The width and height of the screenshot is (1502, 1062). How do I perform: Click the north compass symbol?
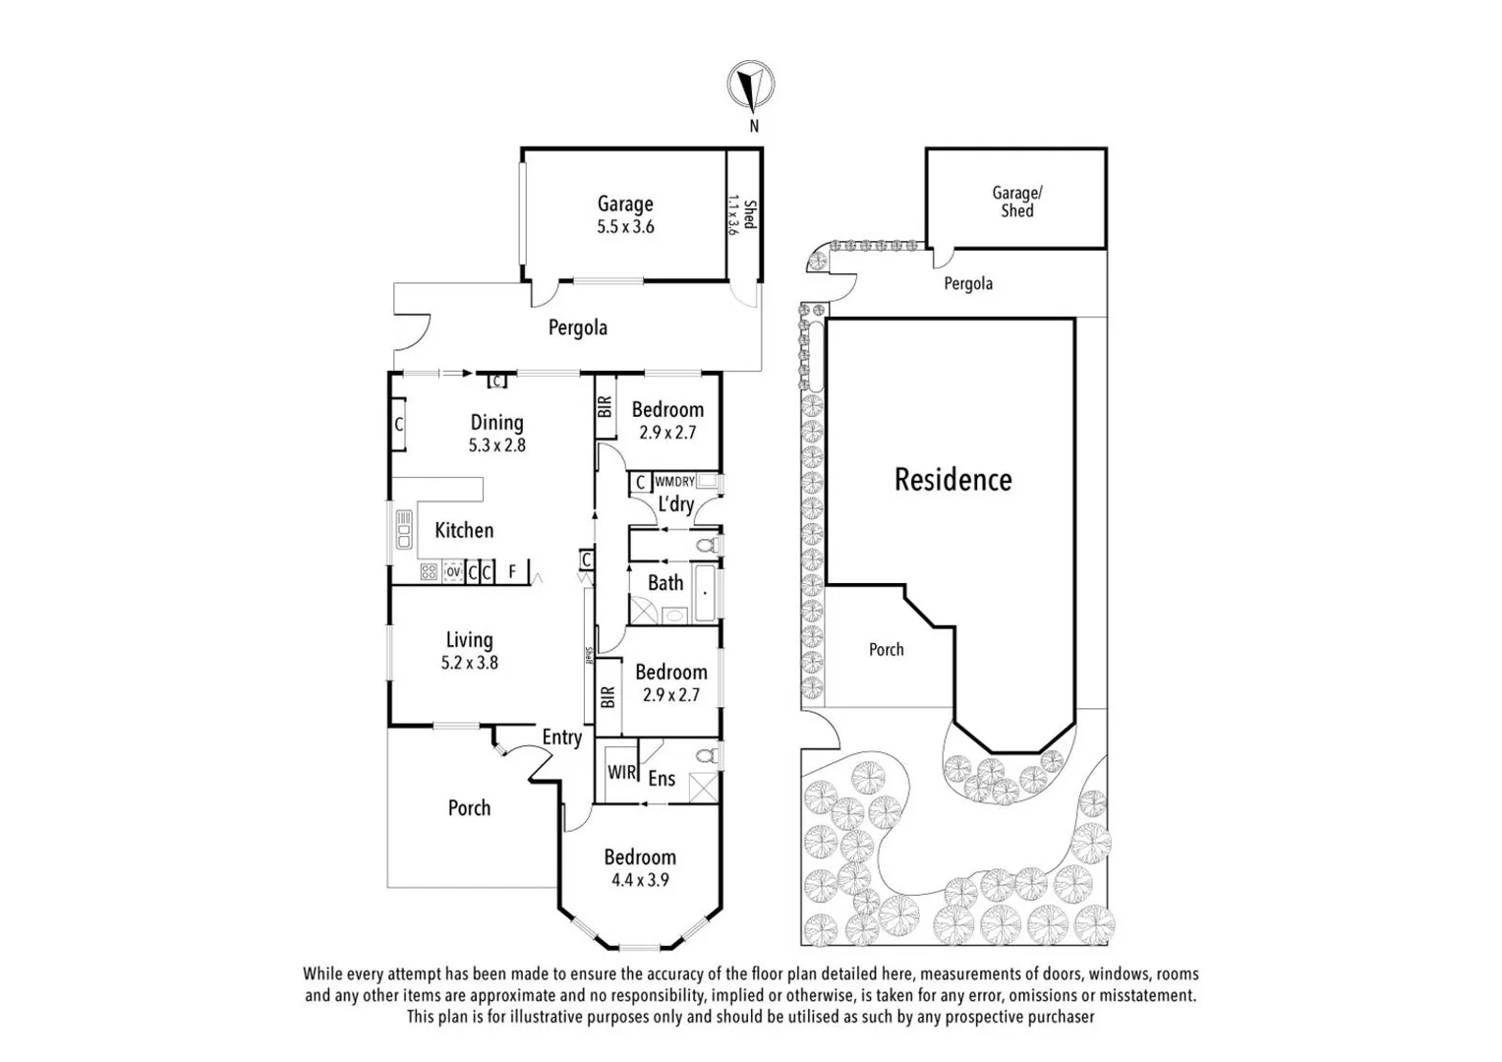coord(751,86)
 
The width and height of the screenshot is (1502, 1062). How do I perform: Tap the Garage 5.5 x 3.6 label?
coord(625,214)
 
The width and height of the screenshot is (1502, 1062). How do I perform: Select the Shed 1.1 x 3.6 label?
coord(743,214)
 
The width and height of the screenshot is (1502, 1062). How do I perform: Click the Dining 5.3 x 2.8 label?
coord(496,433)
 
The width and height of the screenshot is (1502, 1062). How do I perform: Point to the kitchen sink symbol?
coord(403,529)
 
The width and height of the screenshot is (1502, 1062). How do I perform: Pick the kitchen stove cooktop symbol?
coord(429,571)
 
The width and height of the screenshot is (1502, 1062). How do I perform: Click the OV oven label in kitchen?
coord(453,571)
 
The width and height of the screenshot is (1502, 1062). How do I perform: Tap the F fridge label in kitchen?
coord(512,571)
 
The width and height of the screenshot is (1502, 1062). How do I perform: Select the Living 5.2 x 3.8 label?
coord(469,650)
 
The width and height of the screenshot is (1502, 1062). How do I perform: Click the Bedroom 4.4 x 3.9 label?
coord(640,867)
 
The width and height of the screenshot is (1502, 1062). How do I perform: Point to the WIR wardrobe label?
coord(621,772)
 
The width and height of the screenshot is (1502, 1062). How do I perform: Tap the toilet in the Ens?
coord(705,756)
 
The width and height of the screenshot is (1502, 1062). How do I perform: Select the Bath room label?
coord(665,583)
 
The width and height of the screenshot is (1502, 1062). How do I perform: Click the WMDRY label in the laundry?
coord(674,482)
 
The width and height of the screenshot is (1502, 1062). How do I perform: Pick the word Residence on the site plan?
coord(953,480)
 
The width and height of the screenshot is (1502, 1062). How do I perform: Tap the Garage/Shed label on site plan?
coord(1016,202)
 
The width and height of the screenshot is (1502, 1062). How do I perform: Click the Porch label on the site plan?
coord(886,650)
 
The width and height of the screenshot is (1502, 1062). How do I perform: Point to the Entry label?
coord(562,737)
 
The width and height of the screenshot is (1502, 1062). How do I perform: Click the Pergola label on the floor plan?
coord(577,327)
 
